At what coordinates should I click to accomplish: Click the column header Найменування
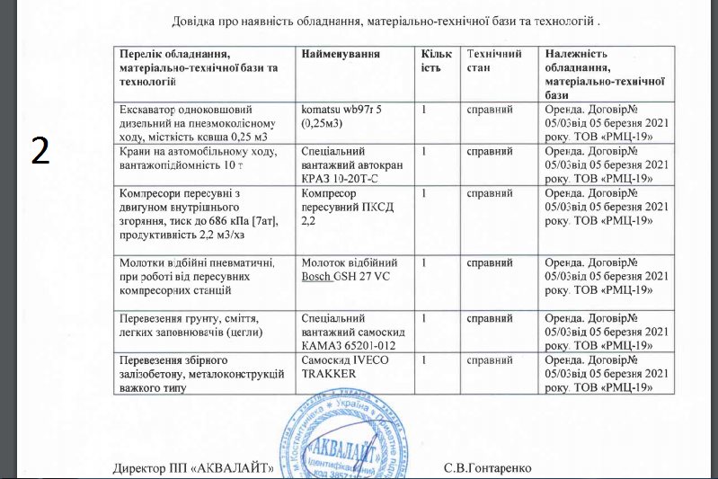341,55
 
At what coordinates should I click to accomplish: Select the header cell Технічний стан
490,61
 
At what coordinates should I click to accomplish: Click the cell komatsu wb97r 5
342,116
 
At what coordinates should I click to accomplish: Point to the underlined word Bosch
315,277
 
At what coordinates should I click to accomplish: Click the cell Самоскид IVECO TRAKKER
342,366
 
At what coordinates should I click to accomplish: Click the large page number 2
40,150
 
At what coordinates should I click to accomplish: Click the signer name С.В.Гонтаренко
488,468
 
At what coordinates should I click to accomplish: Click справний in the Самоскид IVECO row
490,359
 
